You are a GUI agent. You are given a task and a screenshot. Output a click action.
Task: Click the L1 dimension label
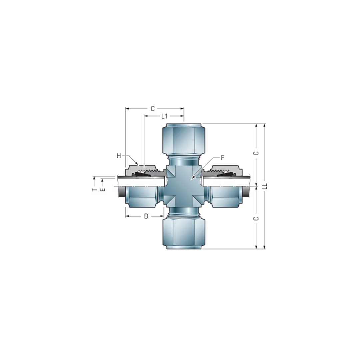click(x=164, y=116)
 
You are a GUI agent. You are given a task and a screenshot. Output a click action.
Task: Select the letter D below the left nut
click(x=146, y=216)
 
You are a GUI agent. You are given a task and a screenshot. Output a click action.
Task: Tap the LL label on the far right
click(x=265, y=186)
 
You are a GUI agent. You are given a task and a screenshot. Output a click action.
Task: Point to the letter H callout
click(x=119, y=156)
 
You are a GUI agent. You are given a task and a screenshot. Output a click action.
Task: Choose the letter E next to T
click(x=103, y=189)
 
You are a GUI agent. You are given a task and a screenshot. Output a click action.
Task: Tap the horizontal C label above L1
click(x=153, y=109)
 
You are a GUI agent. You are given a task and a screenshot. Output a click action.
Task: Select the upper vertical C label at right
click(x=256, y=153)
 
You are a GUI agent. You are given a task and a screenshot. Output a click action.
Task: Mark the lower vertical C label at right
click(x=256, y=218)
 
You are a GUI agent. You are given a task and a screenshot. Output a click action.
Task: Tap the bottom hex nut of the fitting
click(x=184, y=233)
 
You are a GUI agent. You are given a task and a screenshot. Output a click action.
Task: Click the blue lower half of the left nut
click(x=142, y=197)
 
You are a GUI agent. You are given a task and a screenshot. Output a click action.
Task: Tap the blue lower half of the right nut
click(x=225, y=197)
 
